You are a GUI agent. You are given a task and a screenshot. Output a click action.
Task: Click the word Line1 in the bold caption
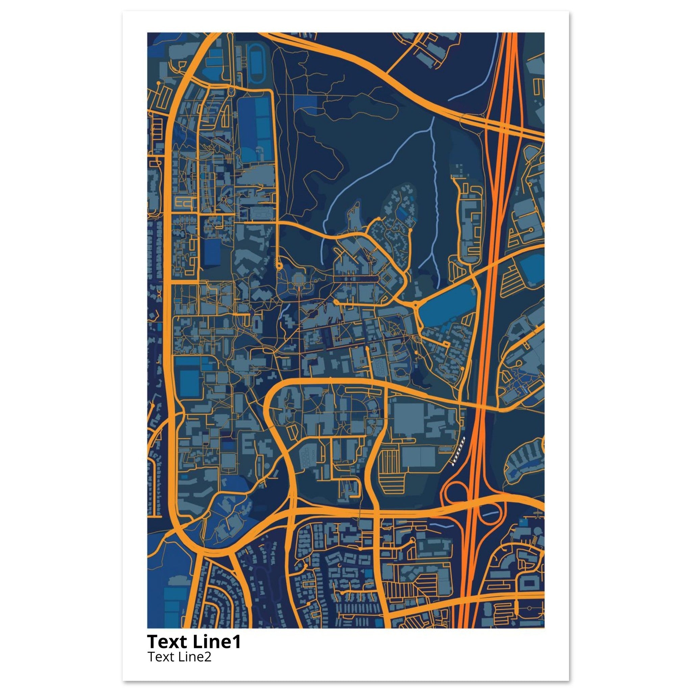[216, 642]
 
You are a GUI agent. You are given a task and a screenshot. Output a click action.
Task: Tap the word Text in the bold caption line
[167, 642]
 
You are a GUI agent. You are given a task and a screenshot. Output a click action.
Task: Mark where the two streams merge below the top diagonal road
[432, 129]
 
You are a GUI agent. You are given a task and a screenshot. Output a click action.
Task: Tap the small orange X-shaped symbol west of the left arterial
[158, 294]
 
